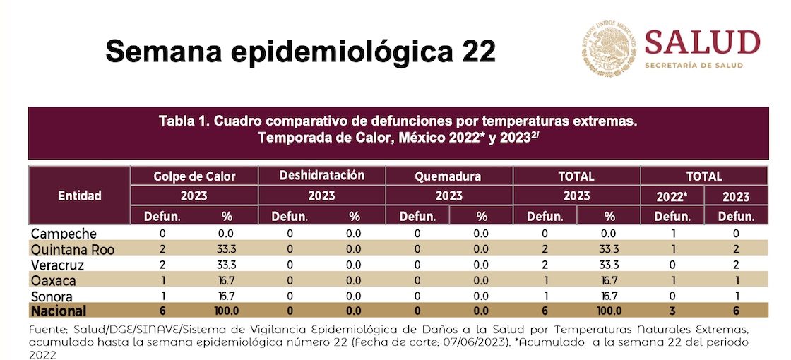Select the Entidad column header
tap(79, 196)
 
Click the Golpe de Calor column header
tap(194, 176)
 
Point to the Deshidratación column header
tap(322, 175)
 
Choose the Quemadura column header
tap(448, 176)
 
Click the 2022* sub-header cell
tap(672, 196)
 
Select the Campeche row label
tap(64, 234)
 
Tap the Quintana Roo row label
tap(72, 249)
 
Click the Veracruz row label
tap(59, 265)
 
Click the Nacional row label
tap(59, 311)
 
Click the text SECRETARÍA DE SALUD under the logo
tap(693, 66)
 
